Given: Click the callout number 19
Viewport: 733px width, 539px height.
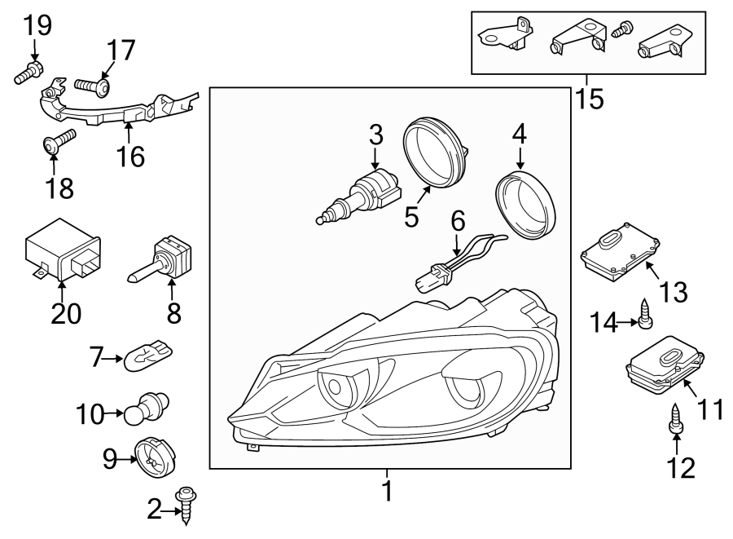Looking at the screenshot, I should [x=36, y=26].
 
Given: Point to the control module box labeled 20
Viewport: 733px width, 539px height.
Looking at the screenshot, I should [x=62, y=250].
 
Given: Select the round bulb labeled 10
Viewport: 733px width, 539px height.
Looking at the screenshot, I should [x=147, y=409].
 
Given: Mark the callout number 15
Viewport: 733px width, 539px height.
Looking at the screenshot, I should [x=590, y=98].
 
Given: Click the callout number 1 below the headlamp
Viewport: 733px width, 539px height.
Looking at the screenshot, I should [x=388, y=491].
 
